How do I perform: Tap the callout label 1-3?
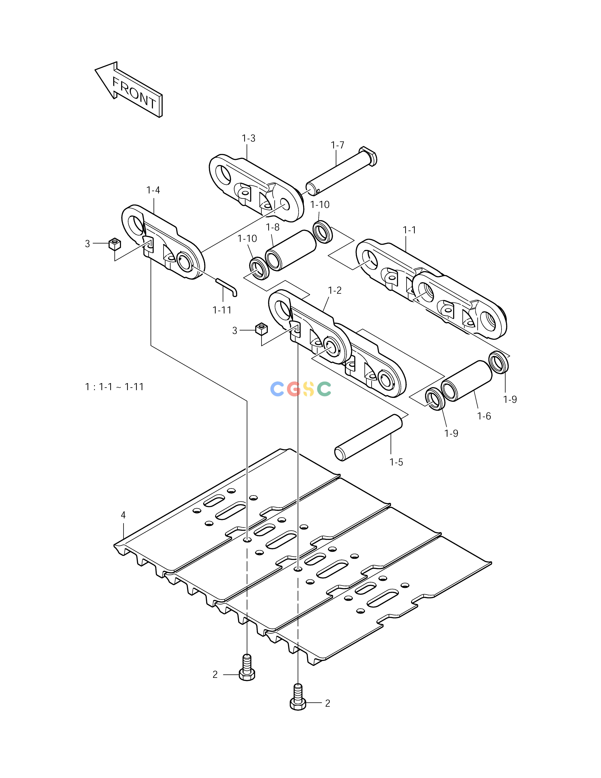pyautogui.click(x=249, y=138)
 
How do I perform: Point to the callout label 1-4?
pyautogui.click(x=153, y=190)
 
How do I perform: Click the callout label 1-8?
pyautogui.click(x=273, y=227)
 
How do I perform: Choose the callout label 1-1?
pyautogui.click(x=409, y=230)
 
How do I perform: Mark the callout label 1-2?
pyautogui.click(x=335, y=290)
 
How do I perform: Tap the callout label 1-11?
pyautogui.click(x=222, y=310)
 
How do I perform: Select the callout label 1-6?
pyautogui.click(x=484, y=416)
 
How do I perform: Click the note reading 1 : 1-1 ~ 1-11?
pyautogui.click(x=114, y=387)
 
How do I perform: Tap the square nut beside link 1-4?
pyautogui.click(x=115, y=244)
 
